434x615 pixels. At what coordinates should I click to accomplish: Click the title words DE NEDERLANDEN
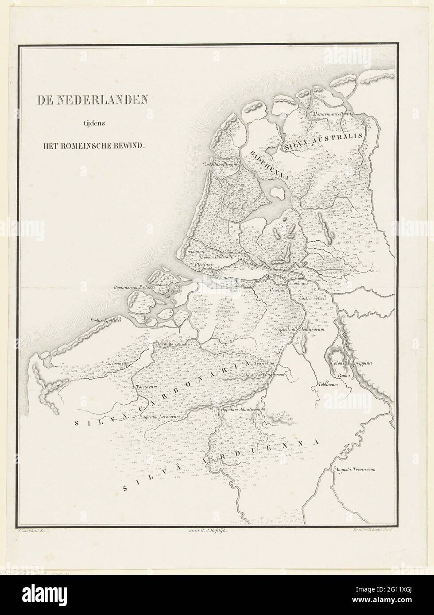[92, 100]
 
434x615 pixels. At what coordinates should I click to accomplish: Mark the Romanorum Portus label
[133, 288]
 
